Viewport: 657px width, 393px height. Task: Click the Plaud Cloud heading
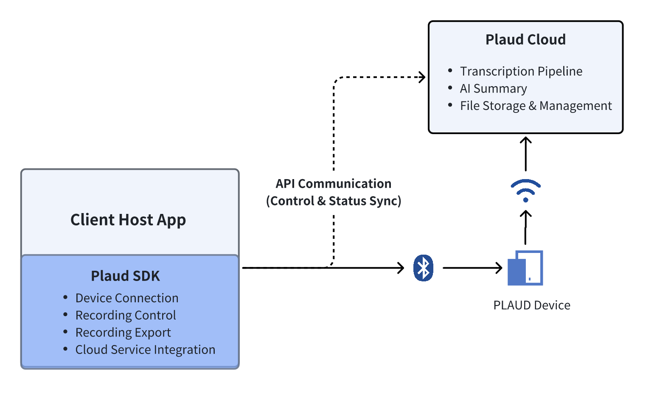click(525, 39)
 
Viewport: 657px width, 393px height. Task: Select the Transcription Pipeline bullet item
click(521, 71)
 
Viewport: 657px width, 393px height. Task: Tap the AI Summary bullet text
click(493, 89)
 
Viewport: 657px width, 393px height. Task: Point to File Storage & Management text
click(536, 106)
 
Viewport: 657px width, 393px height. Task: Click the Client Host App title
click(128, 220)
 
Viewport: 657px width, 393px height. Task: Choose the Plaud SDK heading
click(125, 276)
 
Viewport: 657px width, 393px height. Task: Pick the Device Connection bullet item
click(126, 298)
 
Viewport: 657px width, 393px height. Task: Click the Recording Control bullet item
click(125, 315)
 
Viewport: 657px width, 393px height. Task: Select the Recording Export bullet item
click(123, 333)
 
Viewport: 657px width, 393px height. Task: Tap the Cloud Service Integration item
click(145, 350)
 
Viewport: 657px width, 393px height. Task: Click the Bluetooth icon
click(423, 268)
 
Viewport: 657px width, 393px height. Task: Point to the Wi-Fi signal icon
click(525, 191)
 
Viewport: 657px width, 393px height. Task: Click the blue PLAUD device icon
click(525, 268)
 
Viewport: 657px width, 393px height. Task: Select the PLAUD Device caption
click(531, 305)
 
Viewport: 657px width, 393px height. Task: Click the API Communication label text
click(334, 184)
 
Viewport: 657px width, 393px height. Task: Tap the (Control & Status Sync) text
click(334, 201)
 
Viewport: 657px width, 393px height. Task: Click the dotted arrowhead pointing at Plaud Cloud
click(421, 77)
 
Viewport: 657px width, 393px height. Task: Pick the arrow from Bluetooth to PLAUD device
click(472, 268)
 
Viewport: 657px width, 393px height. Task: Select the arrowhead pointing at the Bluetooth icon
click(400, 268)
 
